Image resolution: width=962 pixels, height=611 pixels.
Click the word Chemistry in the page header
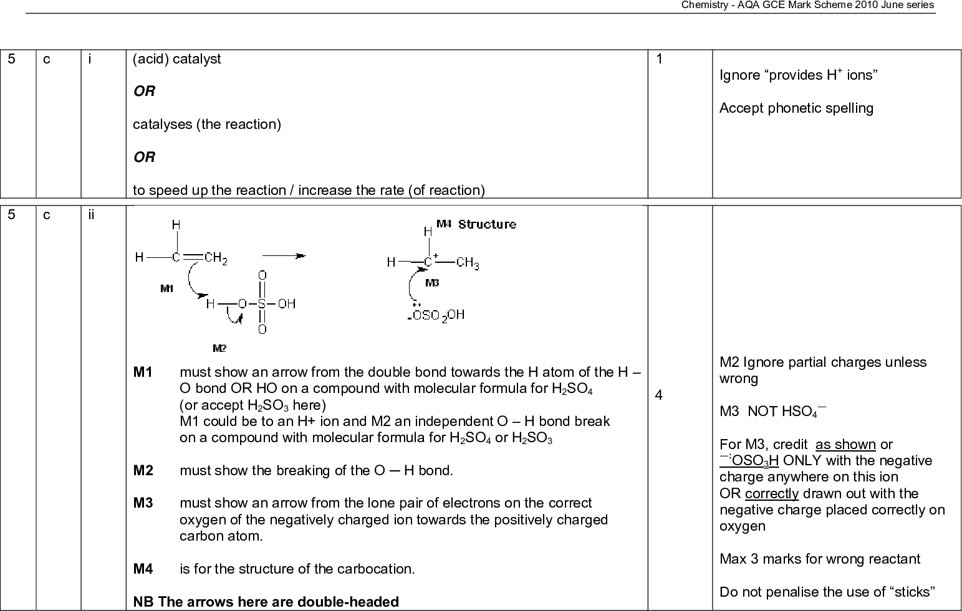click(701, 5)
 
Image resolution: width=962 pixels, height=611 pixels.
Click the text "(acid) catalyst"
click(177, 59)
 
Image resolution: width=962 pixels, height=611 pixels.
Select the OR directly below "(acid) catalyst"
click(144, 92)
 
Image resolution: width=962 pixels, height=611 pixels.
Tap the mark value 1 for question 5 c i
click(660, 59)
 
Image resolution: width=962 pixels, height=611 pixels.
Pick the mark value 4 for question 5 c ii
click(660, 395)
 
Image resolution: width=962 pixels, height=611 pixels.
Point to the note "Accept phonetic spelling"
click(796, 108)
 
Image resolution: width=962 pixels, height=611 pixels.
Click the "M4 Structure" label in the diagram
click(476, 224)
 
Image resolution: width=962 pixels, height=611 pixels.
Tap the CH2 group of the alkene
click(216, 258)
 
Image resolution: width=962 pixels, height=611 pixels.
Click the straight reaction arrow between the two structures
click(284, 255)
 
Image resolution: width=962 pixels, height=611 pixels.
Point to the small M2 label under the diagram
click(219, 348)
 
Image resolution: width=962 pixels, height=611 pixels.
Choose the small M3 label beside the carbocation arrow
click(432, 283)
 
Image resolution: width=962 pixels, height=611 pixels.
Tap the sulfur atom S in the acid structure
click(262, 304)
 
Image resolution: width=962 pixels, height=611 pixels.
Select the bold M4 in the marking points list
click(143, 569)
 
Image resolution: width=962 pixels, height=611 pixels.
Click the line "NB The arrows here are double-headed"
click(266, 602)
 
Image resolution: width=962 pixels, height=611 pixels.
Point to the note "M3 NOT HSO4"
click(772, 412)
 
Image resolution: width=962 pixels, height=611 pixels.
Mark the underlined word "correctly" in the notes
click(772, 494)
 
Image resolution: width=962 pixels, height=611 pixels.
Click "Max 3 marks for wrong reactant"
click(820, 559)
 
